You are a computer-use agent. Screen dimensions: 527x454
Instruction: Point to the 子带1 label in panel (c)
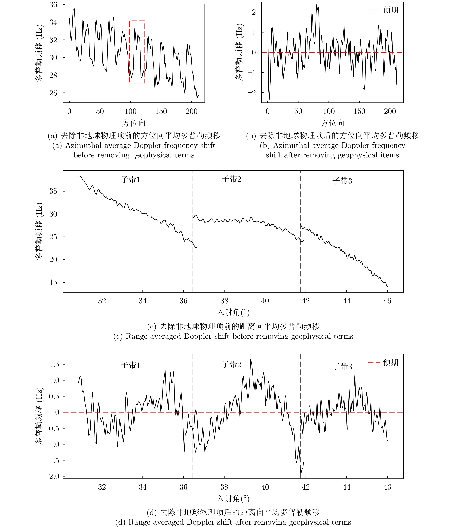[x=130, y=180]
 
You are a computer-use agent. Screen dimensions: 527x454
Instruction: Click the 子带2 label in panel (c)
[x=231, y=179]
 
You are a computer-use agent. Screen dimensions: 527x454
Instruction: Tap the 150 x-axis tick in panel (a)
[x=161, y=111]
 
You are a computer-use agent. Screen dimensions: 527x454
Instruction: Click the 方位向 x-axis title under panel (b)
[x=332, y=123]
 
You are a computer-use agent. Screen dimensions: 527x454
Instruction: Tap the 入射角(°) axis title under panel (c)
[x=233, y=312]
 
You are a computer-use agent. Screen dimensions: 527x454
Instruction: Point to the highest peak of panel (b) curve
[x=317, y=5]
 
